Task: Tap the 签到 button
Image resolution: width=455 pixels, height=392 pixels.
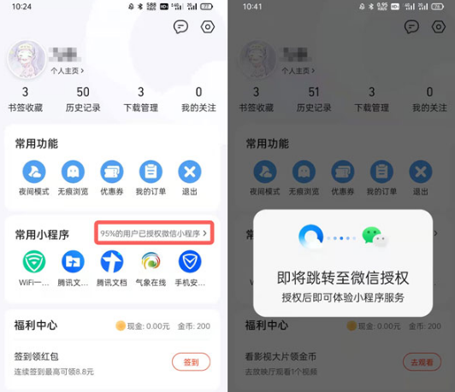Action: point(191,362)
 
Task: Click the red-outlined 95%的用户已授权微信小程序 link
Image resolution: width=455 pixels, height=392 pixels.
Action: point(155,232)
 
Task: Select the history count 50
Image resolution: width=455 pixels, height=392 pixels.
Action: point(83,92)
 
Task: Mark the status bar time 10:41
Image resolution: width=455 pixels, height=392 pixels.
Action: point(252,6)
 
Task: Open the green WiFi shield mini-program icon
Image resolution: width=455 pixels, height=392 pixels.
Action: point(34,261)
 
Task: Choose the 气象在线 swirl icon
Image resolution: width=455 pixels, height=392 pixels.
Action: point(150,261)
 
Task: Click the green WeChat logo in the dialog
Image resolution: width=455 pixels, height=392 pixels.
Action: point(371,237)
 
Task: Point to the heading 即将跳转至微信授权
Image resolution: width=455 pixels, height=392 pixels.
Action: point(343,278)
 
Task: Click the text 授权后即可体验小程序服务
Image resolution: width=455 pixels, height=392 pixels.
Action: point(343,297)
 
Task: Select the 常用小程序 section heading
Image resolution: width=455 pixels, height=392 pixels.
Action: point(42,234)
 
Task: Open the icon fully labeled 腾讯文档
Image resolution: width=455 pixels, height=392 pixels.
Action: point(111,261)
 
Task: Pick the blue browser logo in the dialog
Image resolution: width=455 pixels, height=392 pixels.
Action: point(310,237)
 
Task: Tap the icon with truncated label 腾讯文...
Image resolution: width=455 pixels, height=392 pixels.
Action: point(73,261)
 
